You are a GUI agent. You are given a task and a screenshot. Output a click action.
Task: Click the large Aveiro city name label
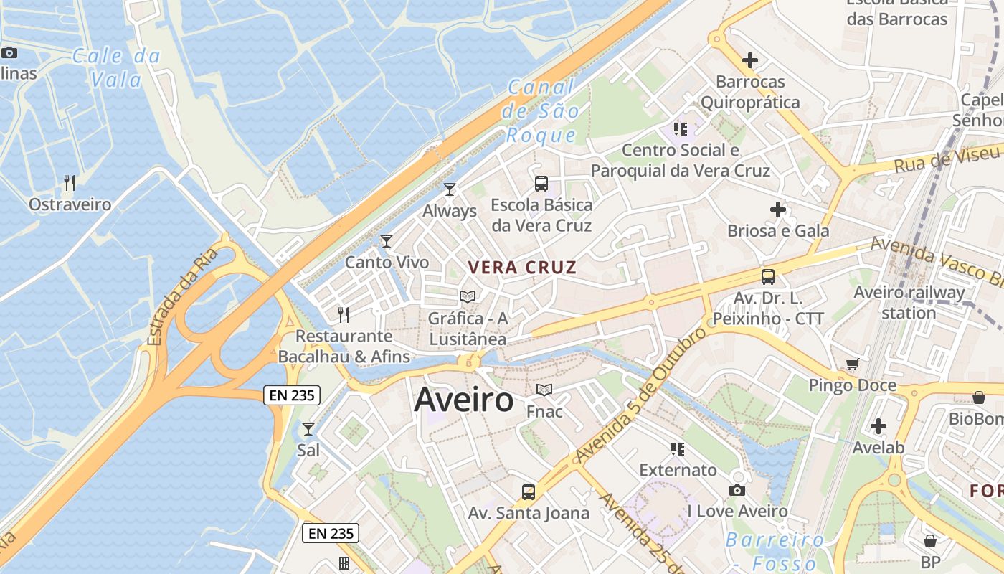(463, 400)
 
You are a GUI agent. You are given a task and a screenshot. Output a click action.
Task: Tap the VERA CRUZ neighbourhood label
(522, 268)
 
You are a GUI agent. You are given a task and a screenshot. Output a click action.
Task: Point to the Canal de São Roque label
(541, 111)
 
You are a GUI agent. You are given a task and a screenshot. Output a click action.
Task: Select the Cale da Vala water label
(116, 67)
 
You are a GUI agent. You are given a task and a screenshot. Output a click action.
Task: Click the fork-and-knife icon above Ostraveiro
(70, 183)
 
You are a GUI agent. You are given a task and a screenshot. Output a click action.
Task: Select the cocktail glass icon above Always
(450, 189)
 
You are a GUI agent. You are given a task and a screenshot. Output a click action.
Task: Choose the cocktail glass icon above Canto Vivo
(387, 241)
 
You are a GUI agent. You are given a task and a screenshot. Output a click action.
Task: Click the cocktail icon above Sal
(308, 429)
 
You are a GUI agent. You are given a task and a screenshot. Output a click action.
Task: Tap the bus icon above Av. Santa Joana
(529, 491)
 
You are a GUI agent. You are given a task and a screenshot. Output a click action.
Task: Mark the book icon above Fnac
(544, 390)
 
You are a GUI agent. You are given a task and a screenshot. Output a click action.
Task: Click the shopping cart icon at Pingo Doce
(852, 364)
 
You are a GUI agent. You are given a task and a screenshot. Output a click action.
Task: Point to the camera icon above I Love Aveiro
(737, 491)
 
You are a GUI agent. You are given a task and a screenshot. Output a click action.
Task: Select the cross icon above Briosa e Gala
(778, 210)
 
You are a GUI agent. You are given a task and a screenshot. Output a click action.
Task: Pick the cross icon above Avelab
(879, 426)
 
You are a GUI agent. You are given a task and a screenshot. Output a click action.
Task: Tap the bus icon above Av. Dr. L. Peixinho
(768, 276)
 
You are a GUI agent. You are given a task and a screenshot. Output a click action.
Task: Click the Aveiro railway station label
(909, 302)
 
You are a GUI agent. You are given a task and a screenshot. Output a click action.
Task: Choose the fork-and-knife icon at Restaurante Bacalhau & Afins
(344, 314)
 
